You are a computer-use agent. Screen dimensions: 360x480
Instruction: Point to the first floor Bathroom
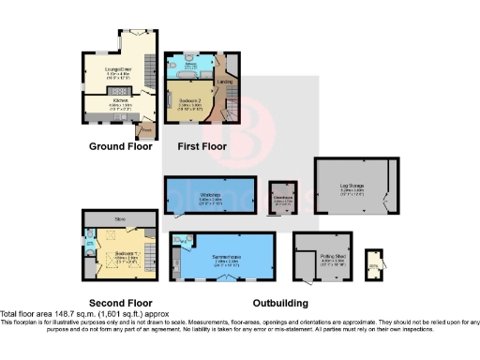tap(187, 63)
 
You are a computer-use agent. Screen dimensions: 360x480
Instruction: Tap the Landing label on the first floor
tap(224, 82)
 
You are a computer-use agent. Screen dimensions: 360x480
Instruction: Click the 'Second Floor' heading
tap(119, 303)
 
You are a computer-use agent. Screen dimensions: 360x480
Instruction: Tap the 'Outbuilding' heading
tap(281, 303)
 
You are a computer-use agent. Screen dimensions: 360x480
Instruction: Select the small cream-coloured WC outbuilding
tap(375, 263)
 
